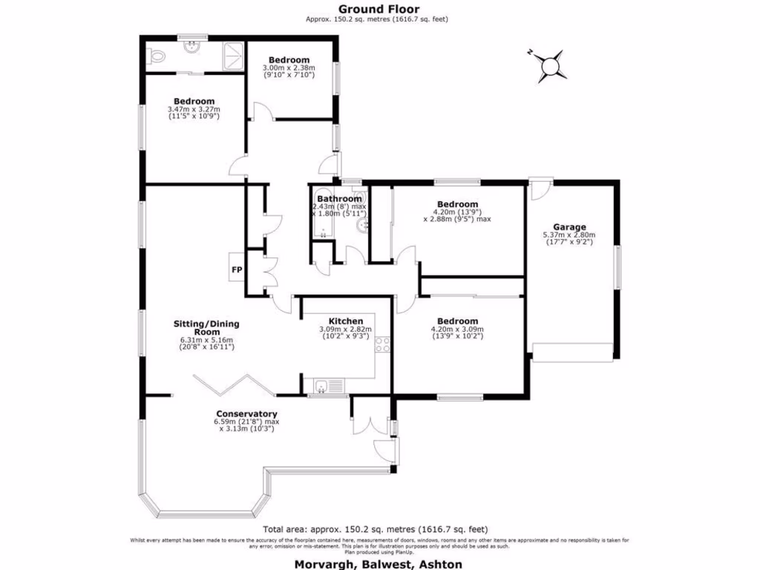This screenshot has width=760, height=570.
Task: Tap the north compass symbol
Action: [550, 65]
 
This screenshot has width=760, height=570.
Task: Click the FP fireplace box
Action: [237, 269]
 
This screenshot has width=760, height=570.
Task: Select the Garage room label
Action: [569, 227]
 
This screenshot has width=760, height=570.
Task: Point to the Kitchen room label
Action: [345, 321]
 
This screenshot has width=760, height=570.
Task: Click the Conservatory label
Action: [246, 413]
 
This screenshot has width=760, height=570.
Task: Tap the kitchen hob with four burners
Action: [384, 344]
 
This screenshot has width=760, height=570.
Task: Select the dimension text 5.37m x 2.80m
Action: [569, 235]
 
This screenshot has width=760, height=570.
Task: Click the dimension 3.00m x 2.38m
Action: [289, 68]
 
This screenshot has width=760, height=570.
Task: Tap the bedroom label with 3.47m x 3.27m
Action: [194, 102]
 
